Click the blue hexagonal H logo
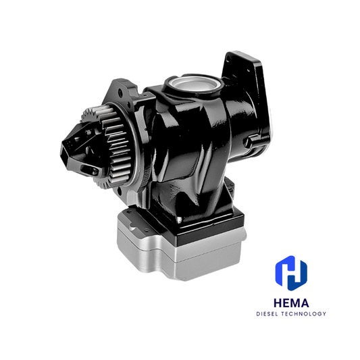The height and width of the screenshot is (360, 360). (292, 271)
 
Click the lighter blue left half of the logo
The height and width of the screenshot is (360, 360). (283, 272)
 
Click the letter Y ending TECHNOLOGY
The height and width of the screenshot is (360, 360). (325, 313)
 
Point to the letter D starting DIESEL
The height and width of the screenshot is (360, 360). (258, 313)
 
